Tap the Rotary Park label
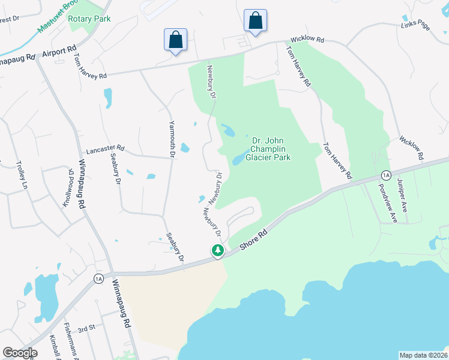coord(89,19)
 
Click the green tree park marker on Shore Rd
coord(217,251)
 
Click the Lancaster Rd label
coord(105,148)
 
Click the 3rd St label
coord(87,328)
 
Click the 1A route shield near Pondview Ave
coord(385,175)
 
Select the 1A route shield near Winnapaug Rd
coord(98,278)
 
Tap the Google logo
coord(20,353)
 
